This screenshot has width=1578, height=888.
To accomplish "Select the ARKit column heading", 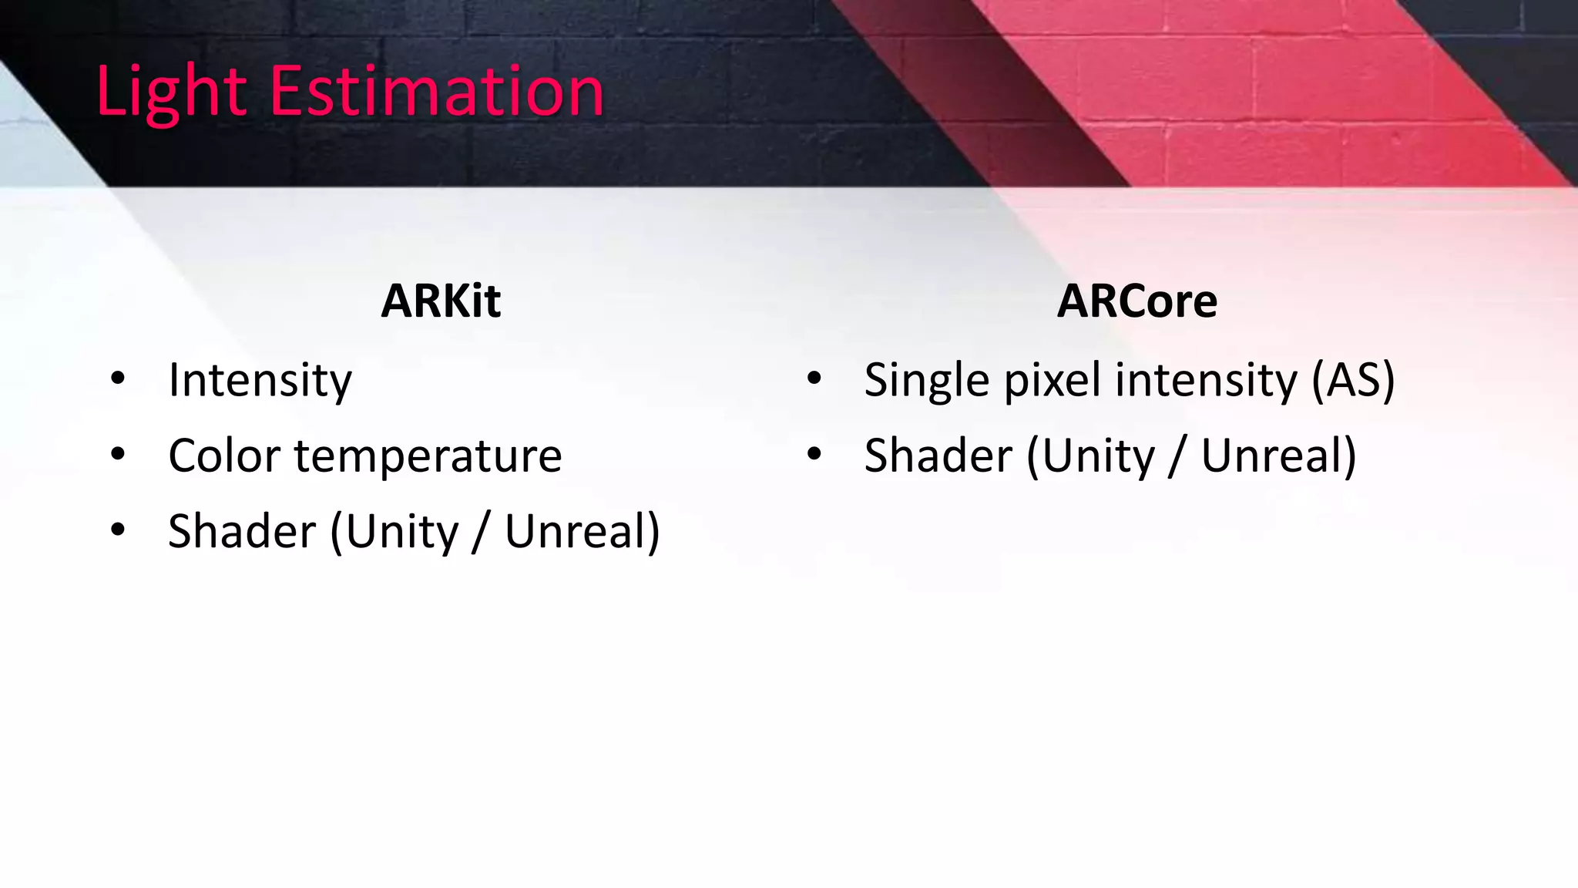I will click(x=441, y=301).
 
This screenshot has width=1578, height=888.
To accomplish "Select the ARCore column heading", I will click(x=1136, y=301).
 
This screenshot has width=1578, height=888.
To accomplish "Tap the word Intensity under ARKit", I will click(x=260, y=380).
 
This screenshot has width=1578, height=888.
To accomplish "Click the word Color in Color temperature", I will click(x=223, y=456).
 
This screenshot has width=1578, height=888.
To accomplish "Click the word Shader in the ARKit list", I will click(x=242, y=531).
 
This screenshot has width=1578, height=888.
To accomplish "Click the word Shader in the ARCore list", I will click(x=938, y=456).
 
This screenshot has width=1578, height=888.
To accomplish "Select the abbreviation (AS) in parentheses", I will click(x=1353, y=381).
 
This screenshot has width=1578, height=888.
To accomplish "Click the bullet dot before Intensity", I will click(x=118, y=378).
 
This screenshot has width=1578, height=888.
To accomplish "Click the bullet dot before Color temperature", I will click(x=118, y=454).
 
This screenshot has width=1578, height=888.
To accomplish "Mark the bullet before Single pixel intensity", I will click(x=814, y=378).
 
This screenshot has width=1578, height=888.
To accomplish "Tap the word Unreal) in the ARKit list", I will click(x=582, y=531).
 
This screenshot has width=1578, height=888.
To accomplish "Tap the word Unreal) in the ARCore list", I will click(x=1278, y=456).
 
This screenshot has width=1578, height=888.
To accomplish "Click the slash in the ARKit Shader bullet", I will click(x=481, y=531).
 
